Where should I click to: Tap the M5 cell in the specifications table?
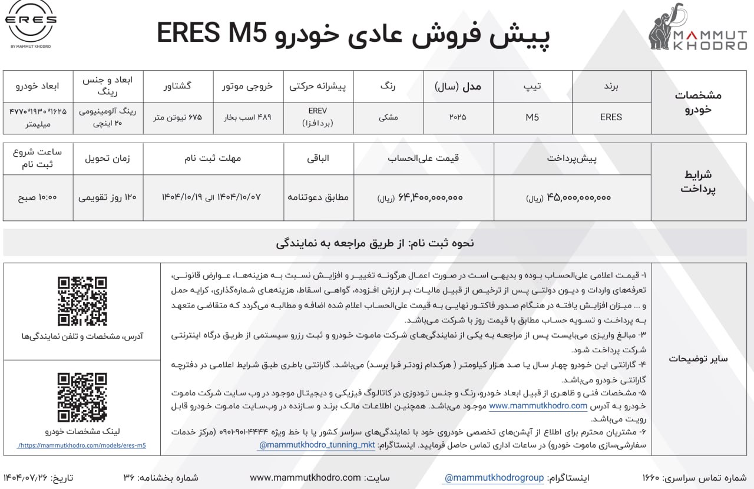pos(533,117)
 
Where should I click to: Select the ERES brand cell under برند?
pos(611,117)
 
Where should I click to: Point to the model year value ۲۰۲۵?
pos(457,117)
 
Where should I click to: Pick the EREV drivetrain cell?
pos(317,117)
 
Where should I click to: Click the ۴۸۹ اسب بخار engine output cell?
pos(247,117)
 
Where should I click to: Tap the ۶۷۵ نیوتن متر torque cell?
pos(177,117)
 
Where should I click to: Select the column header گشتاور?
pos(177,86)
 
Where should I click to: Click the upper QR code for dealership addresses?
pos(82,301)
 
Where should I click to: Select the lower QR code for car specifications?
pos(82,397)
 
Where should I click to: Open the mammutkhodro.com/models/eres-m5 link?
pos(82,445)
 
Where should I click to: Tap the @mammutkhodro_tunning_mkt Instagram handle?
pos(316,445)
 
